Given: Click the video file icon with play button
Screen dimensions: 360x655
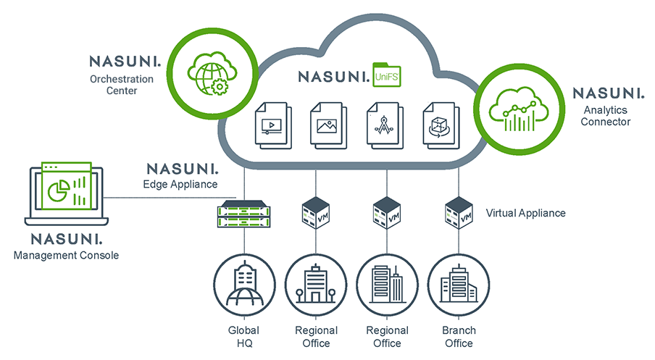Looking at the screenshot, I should [271, 124].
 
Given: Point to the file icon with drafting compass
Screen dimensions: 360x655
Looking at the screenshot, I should [382, 124].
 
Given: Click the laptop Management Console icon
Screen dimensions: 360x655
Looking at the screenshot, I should [67, 194].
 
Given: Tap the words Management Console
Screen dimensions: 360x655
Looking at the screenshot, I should [66, 255].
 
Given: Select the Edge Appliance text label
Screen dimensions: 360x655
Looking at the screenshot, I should [180, 184].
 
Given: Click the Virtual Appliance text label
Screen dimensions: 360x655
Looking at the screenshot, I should [525, 213].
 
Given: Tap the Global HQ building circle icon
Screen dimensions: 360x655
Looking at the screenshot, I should [243, 284].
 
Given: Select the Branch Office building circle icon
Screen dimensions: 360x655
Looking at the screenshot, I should [459, 284].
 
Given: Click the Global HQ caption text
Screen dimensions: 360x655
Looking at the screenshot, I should [243, 336].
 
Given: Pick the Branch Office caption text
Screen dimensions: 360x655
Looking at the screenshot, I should [459, 336].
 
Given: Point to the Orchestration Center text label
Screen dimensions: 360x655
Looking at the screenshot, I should [122, 85].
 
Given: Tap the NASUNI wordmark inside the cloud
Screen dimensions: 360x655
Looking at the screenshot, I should [333, 75].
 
